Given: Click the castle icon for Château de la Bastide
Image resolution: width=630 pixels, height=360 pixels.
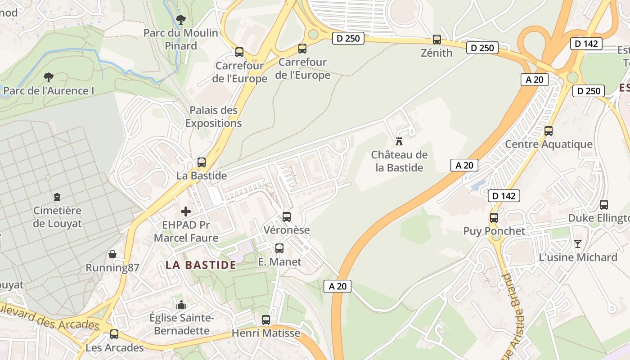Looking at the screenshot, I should click(x=399, y=141).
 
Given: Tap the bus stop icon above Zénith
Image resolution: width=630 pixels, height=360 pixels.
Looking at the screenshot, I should click(x=436, y=39).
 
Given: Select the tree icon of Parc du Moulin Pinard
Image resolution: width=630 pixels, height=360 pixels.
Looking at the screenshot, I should click(x=180, y=20).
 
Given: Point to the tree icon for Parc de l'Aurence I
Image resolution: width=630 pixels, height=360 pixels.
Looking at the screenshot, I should click(x=48, y=77).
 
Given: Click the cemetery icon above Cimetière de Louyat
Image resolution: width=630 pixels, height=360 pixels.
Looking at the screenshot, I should click(x=57, y=197).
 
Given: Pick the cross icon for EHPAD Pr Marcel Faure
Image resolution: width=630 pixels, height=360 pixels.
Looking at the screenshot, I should click(x=185, y=211).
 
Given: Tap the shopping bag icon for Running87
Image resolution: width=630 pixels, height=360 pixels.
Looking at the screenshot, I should click(x=112, y=255).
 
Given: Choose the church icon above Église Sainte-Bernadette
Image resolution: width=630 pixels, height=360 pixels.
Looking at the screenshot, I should click(x=181, y=305).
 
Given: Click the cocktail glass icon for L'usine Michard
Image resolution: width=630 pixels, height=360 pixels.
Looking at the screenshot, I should click(x=578, y=244).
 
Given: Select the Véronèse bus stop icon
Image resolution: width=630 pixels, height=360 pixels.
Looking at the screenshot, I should click(x=287, y=217).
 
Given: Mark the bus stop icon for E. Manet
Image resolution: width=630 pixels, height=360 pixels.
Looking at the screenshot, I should click(x=279, y=248).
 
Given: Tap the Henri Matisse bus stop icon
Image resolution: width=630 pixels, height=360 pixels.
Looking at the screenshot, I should click(x=266, y=320).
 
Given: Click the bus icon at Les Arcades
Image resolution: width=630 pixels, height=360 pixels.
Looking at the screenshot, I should click(x=114, y=334).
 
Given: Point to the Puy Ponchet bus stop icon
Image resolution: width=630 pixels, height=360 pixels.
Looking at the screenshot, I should click(x=494, y=218).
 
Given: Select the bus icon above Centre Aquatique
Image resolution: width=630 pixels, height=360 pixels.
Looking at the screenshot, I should click(x=548, y=131).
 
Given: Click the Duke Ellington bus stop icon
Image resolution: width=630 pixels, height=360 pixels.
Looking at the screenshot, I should click(x=604, y=205).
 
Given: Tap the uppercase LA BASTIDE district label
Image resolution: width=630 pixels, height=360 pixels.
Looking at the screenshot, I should click(x=201, y=265).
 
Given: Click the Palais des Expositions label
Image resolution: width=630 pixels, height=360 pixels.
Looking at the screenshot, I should click(x=213, y=117).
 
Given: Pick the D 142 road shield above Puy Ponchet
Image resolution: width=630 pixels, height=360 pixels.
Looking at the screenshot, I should click(x=504, y=196).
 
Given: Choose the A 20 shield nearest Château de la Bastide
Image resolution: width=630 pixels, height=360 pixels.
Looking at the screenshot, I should click(x=464, y=165).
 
